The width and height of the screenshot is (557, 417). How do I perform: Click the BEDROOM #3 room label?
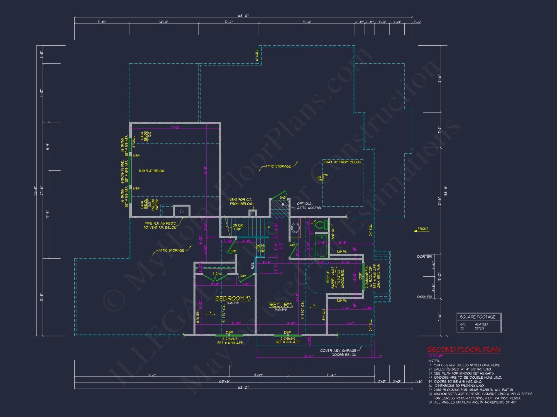coord(233,298)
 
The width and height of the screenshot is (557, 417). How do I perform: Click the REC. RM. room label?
coord(281,305)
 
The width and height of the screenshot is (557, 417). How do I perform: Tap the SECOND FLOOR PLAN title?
coord(464,349)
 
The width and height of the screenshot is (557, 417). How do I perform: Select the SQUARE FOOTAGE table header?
coord(478,317)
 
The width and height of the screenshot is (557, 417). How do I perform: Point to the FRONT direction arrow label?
coord(422,229)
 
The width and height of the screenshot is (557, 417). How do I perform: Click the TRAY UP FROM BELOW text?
coord(342,162)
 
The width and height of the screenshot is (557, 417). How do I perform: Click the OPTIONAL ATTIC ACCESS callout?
coord(309,206)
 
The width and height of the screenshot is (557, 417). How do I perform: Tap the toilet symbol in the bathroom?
coord(320,225)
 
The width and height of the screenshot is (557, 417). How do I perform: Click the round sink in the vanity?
coord(295,228)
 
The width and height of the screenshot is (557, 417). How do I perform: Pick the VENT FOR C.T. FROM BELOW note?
coord(241,202)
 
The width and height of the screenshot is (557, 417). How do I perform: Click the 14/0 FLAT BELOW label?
coord(151,171)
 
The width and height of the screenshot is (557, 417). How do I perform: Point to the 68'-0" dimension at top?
coord(243,16)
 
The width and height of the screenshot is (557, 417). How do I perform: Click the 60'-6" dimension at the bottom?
coord(224,381)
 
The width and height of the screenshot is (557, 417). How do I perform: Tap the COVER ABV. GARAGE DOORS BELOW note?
coord(338,353)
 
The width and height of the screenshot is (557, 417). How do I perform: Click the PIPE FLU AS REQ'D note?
coord(160,225)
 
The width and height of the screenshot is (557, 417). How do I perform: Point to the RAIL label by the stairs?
coord(253,266)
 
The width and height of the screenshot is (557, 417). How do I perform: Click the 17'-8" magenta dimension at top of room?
coord(175,128)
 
